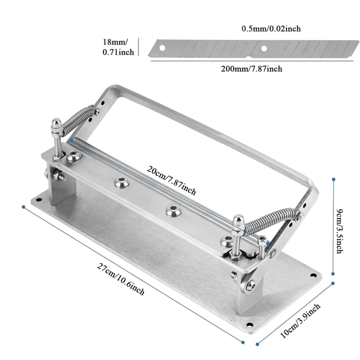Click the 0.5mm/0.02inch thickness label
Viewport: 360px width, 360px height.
(x=271, y=28)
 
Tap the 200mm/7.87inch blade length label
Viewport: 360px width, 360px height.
(x=251, y=68)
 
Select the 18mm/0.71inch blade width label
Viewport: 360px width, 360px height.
(x=118, y=47)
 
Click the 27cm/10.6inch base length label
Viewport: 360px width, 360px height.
(x=120, y=279)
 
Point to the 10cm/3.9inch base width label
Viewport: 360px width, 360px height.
(x=300, y=320)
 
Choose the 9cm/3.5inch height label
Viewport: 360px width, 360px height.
(x=339, y=231)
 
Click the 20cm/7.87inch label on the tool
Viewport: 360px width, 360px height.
(x=171, y=180)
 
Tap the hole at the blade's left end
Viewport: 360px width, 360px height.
(x=162, y=48)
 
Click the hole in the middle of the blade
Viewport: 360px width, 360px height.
(x=264, y=48)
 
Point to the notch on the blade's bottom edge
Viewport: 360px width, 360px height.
(x=247, y=57)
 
